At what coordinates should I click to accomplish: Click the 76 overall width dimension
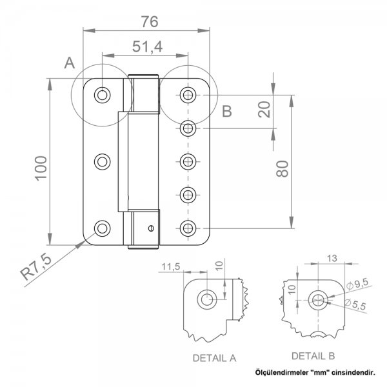click(150, 21)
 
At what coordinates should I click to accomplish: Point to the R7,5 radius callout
click(36, 266)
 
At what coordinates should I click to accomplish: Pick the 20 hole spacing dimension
click(264, 109)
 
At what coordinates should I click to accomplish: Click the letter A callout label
click(70, 63)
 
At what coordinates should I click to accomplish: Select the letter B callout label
click(226, 112)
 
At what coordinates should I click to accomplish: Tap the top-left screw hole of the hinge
click(103, 95)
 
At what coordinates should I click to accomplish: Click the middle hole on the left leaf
click(103, 161)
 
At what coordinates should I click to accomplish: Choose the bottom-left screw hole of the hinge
click(103, 227)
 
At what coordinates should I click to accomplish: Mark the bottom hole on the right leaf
click(188, 227)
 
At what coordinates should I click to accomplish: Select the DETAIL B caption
click(313, 355)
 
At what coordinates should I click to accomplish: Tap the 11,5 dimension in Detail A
click(171, 266)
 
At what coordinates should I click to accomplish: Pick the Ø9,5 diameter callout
click(358, 283)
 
